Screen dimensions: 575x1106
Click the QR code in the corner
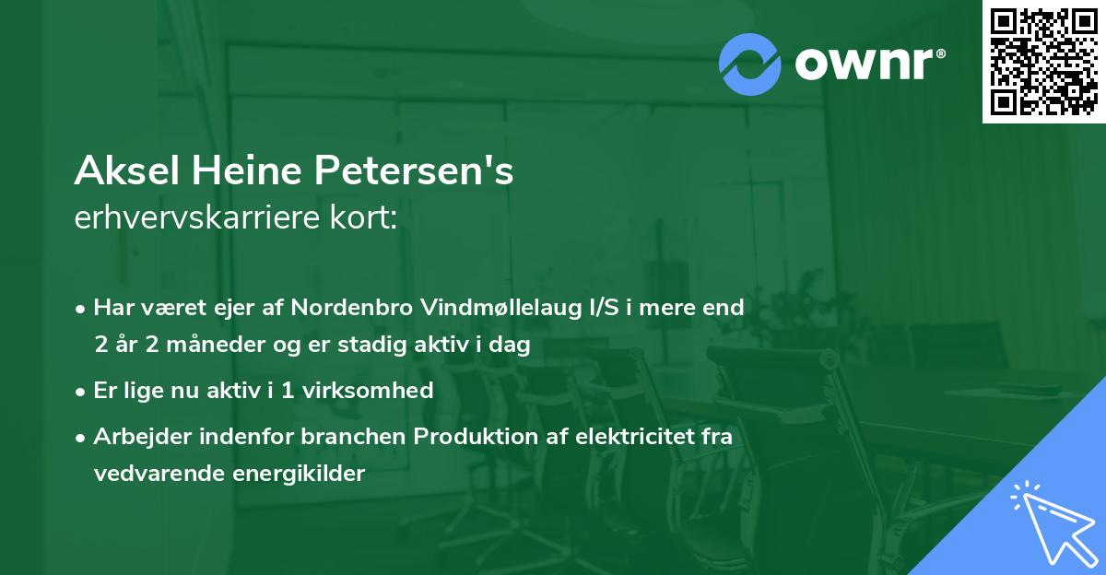pyautogui.click(x=1043, y=62)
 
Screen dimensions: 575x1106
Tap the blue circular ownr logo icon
pyautogui.click(x=749, y=64)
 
